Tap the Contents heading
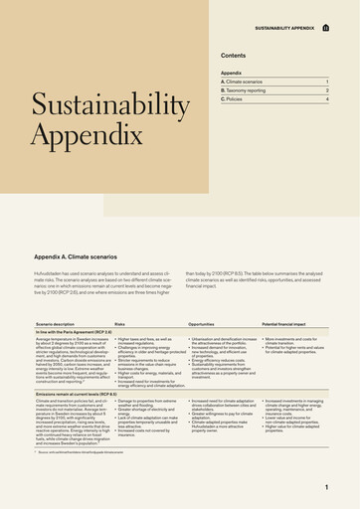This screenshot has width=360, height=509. coord(234,56)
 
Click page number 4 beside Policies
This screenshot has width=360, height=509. coord(327,99)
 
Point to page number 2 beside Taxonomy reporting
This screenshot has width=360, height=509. coord(327,90)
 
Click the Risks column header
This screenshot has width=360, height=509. coord(119,324)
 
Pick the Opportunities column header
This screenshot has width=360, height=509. coord(201,324)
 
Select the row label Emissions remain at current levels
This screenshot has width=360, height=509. coord(80,395)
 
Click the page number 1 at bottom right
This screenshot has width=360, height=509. coord(326,487)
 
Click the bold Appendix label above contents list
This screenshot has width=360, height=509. coord(231,73)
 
